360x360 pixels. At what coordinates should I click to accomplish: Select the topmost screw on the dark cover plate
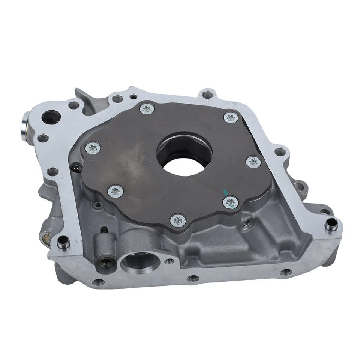click(146, 109)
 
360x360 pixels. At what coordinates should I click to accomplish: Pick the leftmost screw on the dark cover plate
click(92, 148)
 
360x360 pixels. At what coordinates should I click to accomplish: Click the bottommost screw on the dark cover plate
click(178, 219)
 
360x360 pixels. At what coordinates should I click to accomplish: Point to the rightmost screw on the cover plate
click(254, 162)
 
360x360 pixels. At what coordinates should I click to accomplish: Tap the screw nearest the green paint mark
click(231, 203)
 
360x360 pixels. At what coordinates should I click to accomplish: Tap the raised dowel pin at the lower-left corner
click(63, 242)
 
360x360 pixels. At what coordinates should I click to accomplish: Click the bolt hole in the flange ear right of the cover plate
click(280, 152)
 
